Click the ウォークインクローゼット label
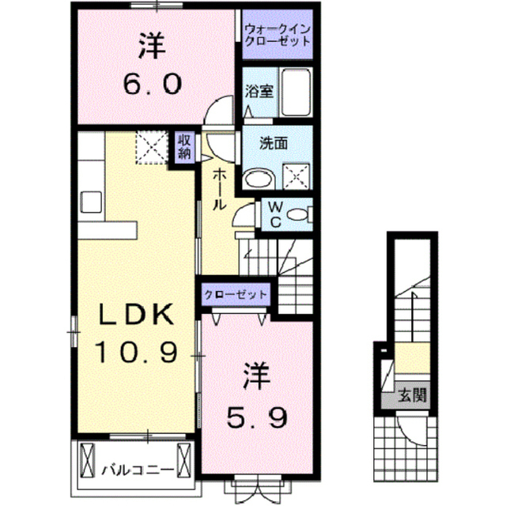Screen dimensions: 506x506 click(278, 36)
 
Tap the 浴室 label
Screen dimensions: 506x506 click(259, 92)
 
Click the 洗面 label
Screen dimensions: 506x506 click(274, 144)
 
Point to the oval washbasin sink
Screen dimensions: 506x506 click(259, 179)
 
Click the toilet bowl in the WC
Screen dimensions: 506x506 click(298, 214)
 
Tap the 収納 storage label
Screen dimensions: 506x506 click(185, 147)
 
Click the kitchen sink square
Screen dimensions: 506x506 click(92, 202)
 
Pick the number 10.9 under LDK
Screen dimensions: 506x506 click(136, 352)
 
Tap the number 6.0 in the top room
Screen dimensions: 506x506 click(153, 83)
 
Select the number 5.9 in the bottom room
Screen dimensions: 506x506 click(256, 417)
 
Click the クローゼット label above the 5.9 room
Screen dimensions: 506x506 click(236, 294)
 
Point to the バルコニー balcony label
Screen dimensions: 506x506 click(138, 470)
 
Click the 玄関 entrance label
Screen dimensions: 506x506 click(412, 395)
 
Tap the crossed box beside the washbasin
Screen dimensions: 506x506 click(296, 177)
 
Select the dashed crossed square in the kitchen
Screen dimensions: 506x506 click(152, 147)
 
